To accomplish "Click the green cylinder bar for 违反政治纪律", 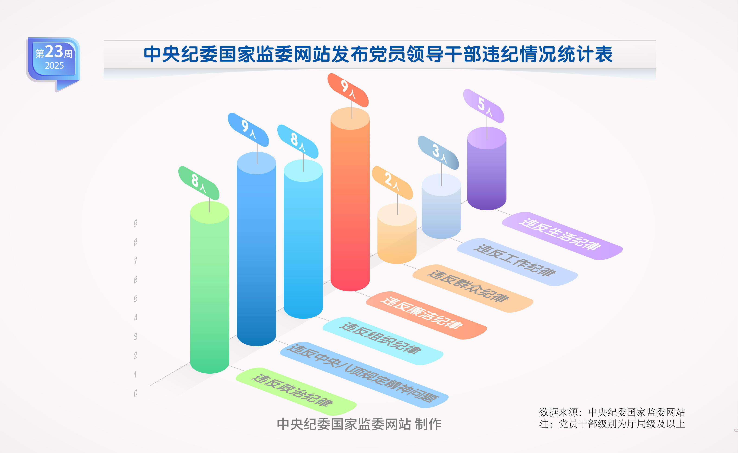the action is pyautogui.click(x=210, y=287).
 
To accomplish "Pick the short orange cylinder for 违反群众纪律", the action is pyautogui.click(x=397, y=234).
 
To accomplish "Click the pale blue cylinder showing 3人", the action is pyautogui.click(x=441, y=206).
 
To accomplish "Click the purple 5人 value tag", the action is pyautogui.click(x=484, y=106).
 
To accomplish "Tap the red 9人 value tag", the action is pyautogui.click(x=348, y=90).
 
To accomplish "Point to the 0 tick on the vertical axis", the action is pyautogui.click(x=136, y=393).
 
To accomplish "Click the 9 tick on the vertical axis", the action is pyautogui.click(x=136, y=223).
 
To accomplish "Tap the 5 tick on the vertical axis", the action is pyautogui.click(x=136, y=299).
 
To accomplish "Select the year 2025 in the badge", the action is pyautogui.click(x=54, y=65).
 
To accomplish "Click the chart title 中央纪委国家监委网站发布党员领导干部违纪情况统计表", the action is pyautogui.click(x=378, y=54).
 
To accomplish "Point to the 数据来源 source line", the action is pyautogui.click(x=612, y=412).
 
